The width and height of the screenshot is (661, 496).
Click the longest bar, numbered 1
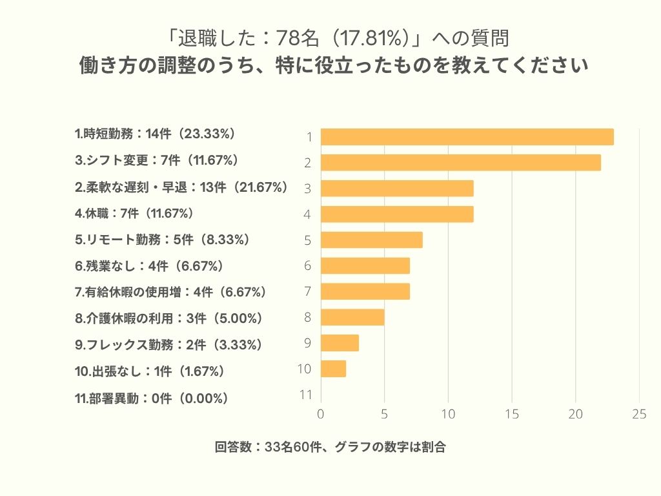(467, 137)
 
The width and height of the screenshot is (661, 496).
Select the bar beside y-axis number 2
(460, 163)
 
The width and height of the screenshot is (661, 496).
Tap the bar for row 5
(371, 240)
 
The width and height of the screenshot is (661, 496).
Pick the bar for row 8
(352, 317)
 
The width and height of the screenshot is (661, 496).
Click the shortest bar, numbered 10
(333, 369)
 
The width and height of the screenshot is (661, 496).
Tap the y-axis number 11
(306, 395)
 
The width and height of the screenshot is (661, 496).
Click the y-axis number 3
(308, 189)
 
